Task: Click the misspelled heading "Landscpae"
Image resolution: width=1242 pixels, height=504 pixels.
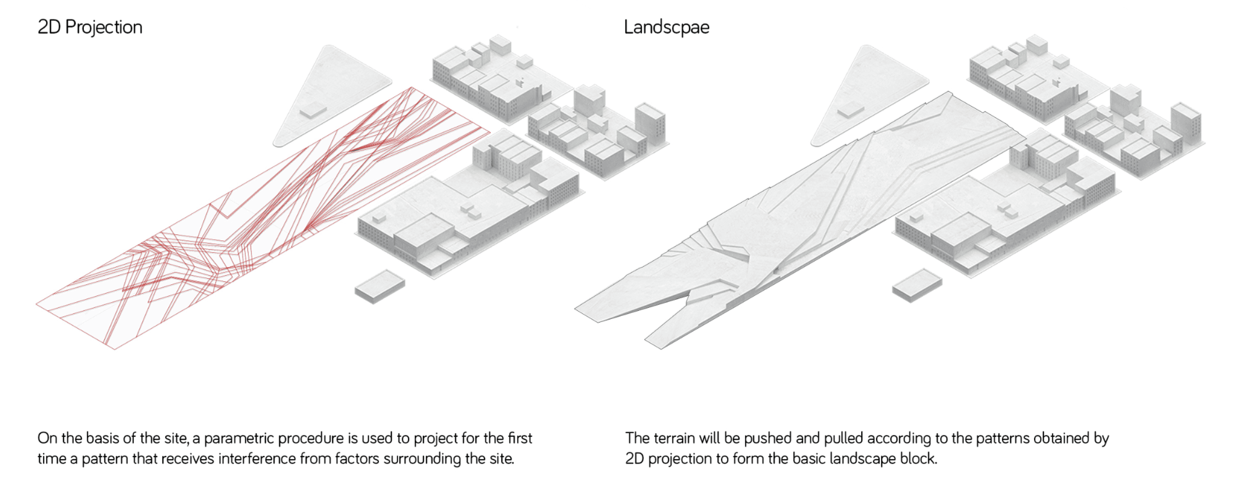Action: tap(666, 27)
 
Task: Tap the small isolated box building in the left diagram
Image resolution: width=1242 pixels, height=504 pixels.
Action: tap(379, 286)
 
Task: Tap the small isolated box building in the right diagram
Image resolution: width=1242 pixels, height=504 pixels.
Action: tap(917, 285)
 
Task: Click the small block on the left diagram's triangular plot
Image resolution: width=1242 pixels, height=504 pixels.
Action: tap(313, 111)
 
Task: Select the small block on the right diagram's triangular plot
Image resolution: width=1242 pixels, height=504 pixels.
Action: tap(850, 111)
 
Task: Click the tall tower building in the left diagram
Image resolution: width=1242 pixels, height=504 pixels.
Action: tap(649, 123)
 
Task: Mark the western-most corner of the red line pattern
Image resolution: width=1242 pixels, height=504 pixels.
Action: tap(37, 305)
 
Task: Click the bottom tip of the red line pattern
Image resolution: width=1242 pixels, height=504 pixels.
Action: tap(115, 348)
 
